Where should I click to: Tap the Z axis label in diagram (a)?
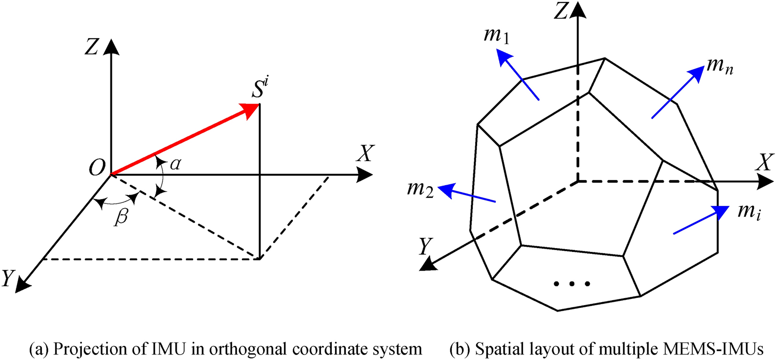tap(91, 47)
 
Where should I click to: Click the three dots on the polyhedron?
tap(572, 283)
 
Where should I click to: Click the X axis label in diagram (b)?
tap(765, 162)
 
